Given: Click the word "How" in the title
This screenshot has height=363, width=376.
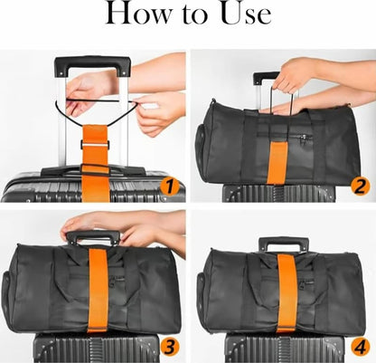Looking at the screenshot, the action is (139, 14).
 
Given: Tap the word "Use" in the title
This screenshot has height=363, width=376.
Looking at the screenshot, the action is (246, 14).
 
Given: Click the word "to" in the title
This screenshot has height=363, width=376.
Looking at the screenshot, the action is (195, 15).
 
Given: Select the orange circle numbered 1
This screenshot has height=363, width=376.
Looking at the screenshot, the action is (169, 187).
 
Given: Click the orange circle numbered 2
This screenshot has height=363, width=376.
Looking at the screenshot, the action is (360, 187).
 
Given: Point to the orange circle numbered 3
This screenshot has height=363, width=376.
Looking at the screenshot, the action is (170, 348).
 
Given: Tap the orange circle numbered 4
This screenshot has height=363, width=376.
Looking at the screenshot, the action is (361, 348).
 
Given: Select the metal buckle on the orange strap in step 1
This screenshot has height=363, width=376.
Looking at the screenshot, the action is (95, 145).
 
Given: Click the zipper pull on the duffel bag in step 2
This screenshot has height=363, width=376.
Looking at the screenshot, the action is (305, 139).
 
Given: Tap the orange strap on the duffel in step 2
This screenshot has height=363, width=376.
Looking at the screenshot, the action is (277, 163).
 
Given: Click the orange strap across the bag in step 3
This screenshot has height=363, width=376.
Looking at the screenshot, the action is (98, 290).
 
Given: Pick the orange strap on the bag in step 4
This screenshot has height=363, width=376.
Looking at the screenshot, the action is (287, 292).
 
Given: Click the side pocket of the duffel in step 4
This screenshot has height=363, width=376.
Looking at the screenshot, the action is (202, 290).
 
